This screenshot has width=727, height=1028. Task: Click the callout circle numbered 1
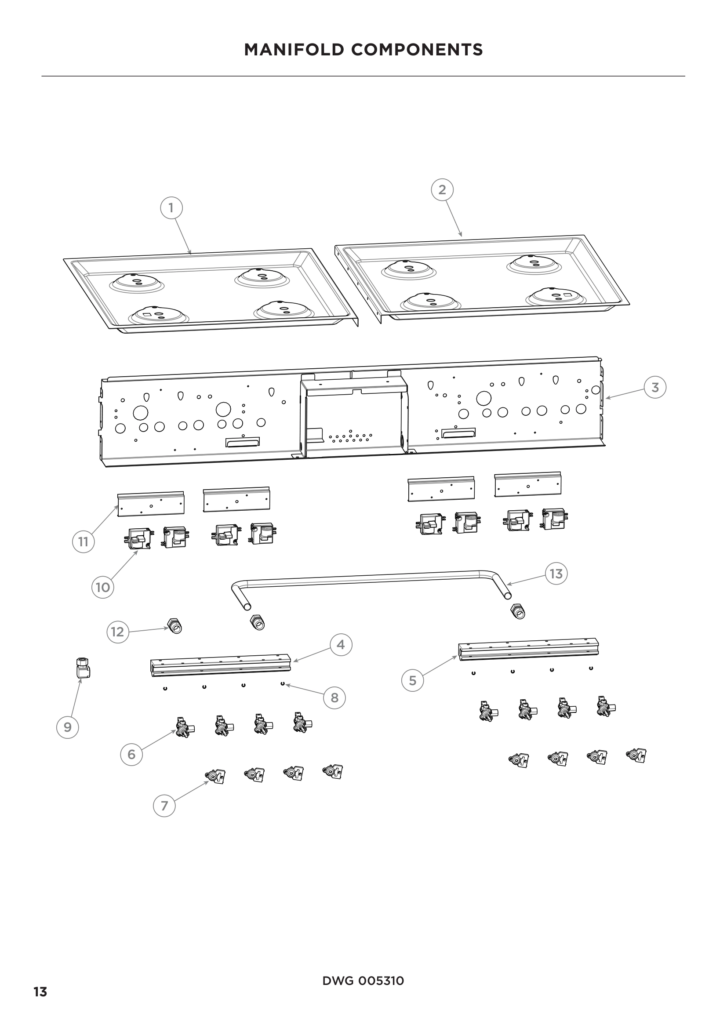171,208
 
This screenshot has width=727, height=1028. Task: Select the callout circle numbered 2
442,190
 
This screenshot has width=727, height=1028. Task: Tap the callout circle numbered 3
655,387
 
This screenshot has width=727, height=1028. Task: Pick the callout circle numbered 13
556,574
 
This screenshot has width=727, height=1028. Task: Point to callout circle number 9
68,727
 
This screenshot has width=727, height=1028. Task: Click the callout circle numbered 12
117,632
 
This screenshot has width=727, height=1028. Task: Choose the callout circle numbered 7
164,806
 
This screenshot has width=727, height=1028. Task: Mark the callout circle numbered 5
413,680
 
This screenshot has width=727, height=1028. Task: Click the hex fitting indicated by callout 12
174,626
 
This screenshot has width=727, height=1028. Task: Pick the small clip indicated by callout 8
283,684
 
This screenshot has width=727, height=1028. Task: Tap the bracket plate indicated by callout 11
150,505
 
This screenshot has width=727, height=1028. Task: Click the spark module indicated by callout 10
138,539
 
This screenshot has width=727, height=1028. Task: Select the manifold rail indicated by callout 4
221,665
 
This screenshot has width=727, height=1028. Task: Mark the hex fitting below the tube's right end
517,611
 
